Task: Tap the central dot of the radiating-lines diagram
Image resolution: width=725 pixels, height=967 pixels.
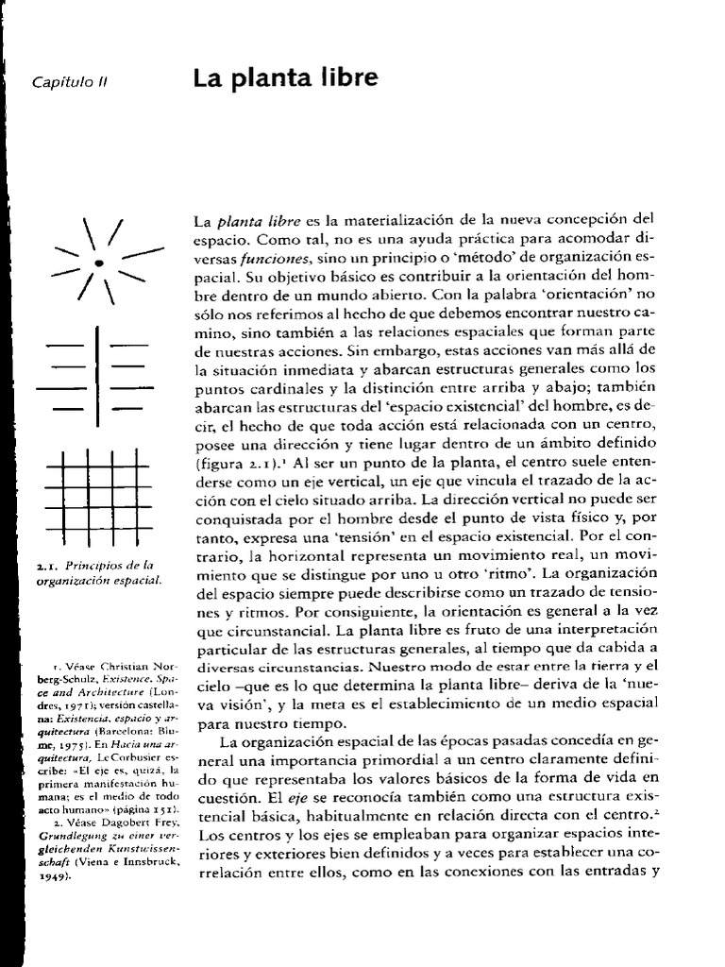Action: click(98, 260)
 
